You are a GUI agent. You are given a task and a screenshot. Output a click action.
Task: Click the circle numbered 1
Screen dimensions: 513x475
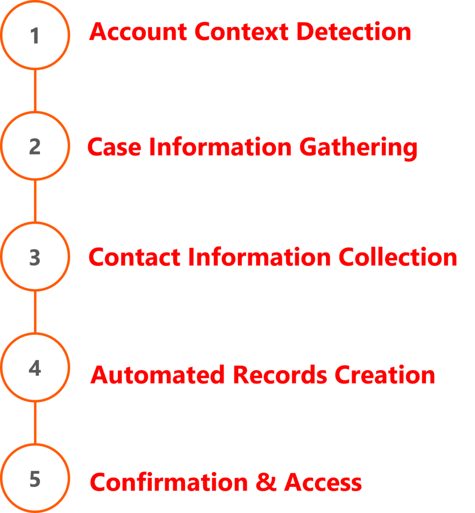[35, 35]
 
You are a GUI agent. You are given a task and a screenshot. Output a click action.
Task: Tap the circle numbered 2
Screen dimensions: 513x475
[35, 146]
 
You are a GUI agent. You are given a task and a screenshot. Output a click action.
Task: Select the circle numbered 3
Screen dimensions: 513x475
[35, 257]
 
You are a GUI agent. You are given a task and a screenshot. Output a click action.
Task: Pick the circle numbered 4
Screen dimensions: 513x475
[35, 368]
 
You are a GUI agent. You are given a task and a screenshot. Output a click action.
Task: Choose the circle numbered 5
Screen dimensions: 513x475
[35, 479]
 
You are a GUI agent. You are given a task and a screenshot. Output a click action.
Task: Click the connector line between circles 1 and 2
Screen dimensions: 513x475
[35, 91]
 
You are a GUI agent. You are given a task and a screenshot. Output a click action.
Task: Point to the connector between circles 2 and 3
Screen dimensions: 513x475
[35, 201]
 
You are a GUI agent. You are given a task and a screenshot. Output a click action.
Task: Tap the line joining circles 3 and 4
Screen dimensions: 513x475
[35, 313]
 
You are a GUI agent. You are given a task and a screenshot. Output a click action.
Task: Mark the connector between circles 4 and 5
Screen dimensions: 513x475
[35, 423]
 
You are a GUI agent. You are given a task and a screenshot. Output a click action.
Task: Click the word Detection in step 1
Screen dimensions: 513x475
[353, 32]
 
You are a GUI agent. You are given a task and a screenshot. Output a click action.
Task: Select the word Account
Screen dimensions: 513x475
[139, 32]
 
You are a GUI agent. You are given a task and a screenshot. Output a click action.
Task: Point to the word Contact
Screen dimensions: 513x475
[135, 258]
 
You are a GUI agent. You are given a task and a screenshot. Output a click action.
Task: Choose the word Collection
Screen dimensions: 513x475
[398, 258]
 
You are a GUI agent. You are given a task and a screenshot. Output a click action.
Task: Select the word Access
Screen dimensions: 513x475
[323, 482]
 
